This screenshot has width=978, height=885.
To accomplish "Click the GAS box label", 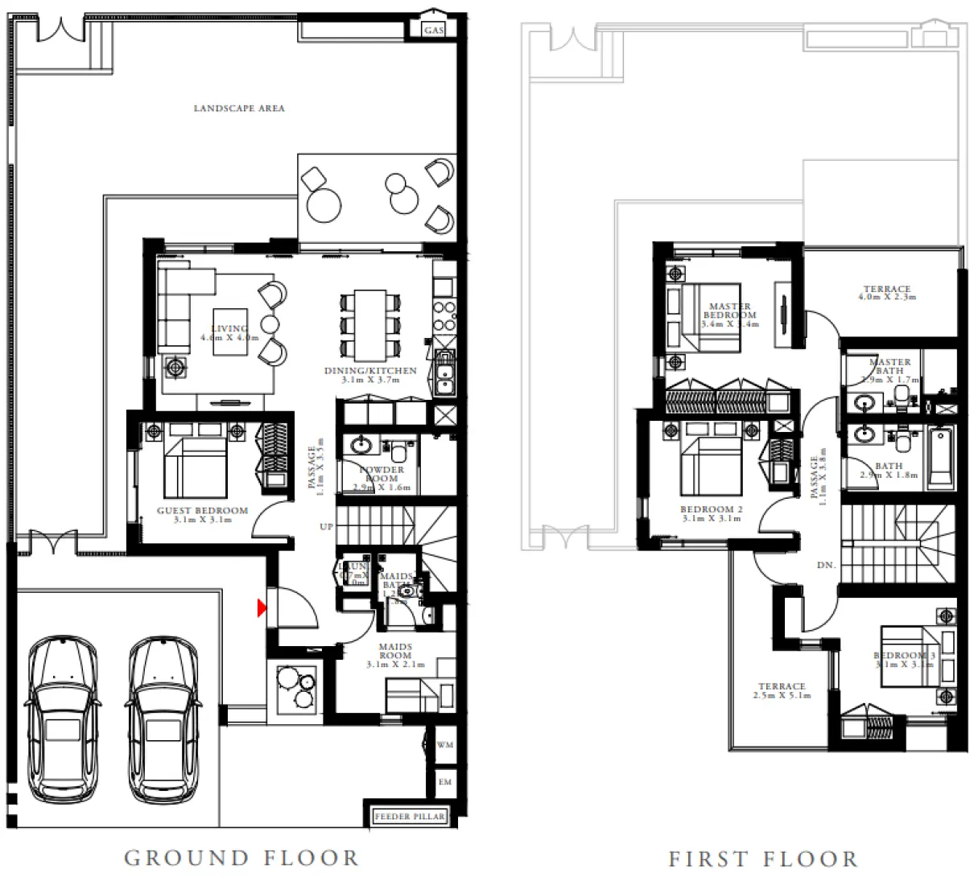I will pos(434,30).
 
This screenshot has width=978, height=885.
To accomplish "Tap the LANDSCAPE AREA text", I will pos(239,108).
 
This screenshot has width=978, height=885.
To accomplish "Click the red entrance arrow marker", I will pos(262,608).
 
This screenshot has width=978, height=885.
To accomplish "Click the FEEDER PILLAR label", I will pos(410,817).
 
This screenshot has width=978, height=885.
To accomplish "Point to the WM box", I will pos(445,746).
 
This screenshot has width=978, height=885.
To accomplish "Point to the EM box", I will pos(445,782).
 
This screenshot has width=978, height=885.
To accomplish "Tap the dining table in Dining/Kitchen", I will pos(370,325).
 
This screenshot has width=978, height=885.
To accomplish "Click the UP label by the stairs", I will pos(326,527).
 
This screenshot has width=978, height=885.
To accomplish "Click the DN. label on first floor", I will pos(826,566).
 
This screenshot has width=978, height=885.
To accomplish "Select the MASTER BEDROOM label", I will pos(730,311).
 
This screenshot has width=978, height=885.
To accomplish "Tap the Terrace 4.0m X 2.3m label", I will pos(887,293).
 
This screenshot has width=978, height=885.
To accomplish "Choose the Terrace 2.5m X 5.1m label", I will pos(782,690).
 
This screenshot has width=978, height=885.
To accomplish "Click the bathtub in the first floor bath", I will pos(939,457).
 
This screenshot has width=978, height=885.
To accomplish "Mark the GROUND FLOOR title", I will pos(241,858).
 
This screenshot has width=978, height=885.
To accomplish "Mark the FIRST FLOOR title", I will pos(763,859).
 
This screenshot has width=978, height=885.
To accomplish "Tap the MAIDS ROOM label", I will pos(395,651).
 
